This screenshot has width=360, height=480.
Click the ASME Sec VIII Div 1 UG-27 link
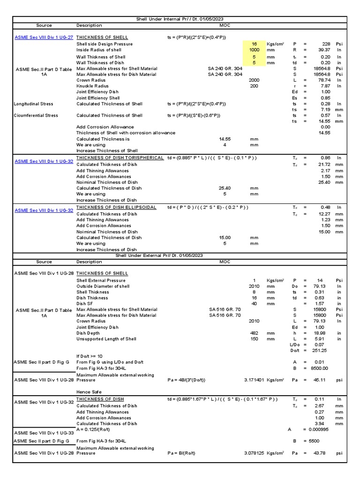click(x=44, y=37)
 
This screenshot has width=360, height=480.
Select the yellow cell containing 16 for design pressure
click(x=254, y=44)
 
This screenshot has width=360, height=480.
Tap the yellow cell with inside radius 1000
click(x=254, y=50)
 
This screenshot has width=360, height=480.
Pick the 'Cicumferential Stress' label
click(x=36, y=115)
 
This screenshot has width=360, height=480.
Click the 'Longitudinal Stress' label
click(x=34, y=104)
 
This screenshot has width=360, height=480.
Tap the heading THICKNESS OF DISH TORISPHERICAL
click(x=120, y=158)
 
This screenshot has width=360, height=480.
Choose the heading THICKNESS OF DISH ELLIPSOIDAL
click(x=116, y=207)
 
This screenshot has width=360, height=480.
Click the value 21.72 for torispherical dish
click(x=324, y=165)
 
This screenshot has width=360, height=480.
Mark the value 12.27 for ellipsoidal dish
click(x=324, y=214)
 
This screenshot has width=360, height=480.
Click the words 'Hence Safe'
click(x=89, y=392)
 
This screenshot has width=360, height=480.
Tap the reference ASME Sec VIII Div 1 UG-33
click(x=44, y=433)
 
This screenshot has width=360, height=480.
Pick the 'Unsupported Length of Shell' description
click(x=106, y=339)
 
